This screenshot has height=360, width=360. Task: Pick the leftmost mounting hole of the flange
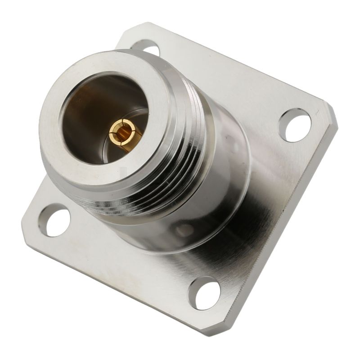point(54,220)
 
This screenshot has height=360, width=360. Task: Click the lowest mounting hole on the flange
point(205,293)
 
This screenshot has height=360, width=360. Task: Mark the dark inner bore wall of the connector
point(85,112)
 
